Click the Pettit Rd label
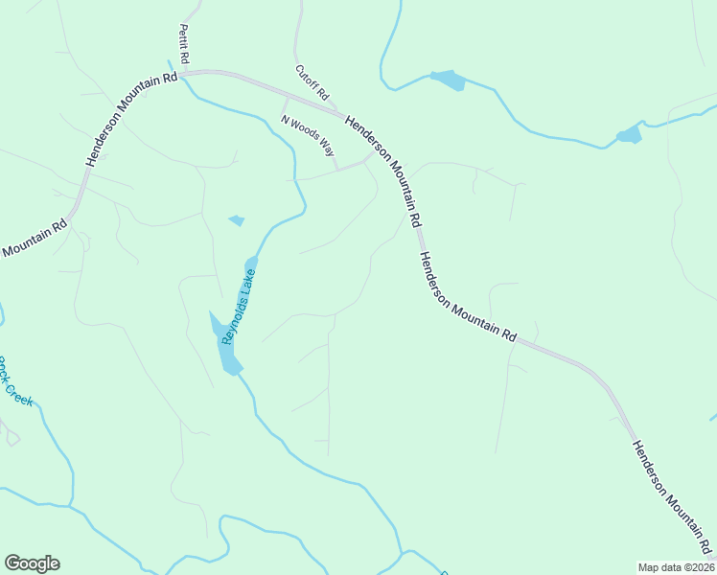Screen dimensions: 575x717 click(183, 45)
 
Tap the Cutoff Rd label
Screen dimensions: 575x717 click(312, 83)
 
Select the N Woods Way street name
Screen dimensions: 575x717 click(307, 135)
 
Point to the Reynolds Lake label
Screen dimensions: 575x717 click(239, 306)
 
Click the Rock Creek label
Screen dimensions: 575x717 click(14, 382)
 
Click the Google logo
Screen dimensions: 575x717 click(32, 563)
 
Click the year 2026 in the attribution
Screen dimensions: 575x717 click(699, 567)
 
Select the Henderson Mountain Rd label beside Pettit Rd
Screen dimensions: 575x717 click(132, 120)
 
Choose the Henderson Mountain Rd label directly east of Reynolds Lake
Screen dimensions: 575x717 click(468, 298)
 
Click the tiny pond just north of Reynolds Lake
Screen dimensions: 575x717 click(236, 221)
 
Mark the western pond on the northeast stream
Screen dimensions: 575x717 click(449, 80)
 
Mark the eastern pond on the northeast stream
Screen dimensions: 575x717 click(629, 134)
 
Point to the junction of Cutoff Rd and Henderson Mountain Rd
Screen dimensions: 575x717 click(341, 113)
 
